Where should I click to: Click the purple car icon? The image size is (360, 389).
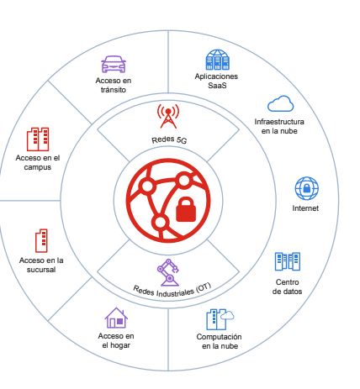[x=114, y=64]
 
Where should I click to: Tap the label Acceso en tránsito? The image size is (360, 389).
[x=114, y=85]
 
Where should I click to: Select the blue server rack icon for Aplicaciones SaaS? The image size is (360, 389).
[x=217, y=60]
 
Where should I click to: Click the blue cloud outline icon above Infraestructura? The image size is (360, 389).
[x=280, y=103]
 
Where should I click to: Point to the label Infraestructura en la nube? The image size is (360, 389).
[x=279, y=126]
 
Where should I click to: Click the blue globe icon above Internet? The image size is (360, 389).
[x=307, y=188]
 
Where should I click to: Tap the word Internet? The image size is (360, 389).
[x=305, y=208]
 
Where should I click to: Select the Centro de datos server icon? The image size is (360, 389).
[x=288, y=261]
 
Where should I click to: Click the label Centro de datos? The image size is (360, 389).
[x=287, y=286]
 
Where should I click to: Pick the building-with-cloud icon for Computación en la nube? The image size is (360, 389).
[x=220, y=319]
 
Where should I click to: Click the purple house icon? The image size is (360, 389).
[x=116, y=318]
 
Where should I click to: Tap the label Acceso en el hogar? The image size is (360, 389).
[x=116, y=340]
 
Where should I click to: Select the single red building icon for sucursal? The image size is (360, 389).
[x=41, y=240]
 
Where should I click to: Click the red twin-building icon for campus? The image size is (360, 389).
[x=38, y=139]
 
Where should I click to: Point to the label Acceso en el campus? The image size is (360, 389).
[x=38, y=162]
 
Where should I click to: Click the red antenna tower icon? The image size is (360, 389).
[x=168, y=116]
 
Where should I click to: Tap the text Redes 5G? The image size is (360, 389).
[x=169, y=139]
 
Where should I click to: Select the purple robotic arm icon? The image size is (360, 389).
[x=168, y=273]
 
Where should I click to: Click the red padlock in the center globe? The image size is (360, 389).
[x=186, y=209]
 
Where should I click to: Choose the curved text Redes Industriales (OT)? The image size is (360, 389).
[x=172, y=292]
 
